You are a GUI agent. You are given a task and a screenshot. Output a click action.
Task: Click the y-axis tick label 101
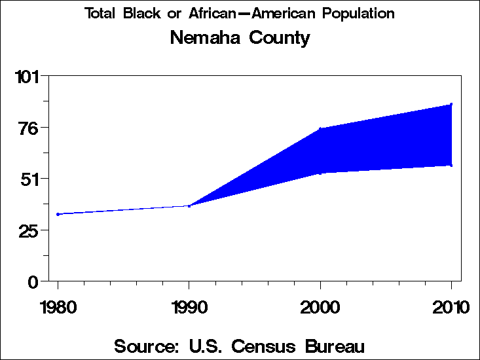pyautogui.click(x=28, y=77)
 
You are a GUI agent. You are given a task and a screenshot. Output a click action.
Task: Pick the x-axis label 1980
pyautogui.click(x=58, y=308)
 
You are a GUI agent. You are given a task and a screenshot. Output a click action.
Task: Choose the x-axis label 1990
pyautogui.click(x=189, y=308)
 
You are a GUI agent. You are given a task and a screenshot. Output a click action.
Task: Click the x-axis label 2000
pyautogui.click(x=320, y=308)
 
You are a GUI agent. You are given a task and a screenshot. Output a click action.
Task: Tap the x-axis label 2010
pyautogui.click(x=451, y=308)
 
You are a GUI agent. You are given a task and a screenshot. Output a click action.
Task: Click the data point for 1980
pyautogui.click(x=58, y=214)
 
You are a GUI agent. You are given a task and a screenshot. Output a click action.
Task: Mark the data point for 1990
pyautogui.click(x=189, y=206)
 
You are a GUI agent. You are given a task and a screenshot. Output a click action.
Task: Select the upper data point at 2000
pyautogui.click(x=320, y=129)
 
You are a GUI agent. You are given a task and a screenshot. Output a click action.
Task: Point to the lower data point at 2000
pyautogui.click(x=320, y=173)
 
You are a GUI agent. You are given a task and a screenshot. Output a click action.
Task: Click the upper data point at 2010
pyautogui.click(x=451, y=104)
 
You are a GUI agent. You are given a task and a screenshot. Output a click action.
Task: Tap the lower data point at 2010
pyautogui.click(x=451, y=165)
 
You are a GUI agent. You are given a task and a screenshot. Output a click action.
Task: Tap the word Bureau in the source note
pyautogui.click(x=332, y=346)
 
